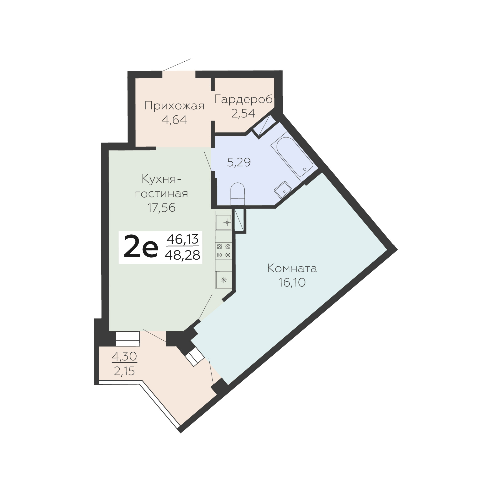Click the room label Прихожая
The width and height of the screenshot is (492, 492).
174,106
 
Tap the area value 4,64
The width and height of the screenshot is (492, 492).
174,120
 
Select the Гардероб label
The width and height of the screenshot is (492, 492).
244,99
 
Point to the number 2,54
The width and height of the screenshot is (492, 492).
244,114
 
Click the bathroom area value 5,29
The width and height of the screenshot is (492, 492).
239,162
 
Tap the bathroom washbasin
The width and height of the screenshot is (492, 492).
283,190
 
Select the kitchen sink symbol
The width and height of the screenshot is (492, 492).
224,222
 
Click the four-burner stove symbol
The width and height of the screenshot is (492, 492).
224,250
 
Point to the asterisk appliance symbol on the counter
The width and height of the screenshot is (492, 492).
224,280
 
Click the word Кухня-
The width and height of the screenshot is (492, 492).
161,179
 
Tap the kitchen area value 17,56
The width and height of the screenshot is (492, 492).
161,207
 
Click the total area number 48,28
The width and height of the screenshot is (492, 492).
182,255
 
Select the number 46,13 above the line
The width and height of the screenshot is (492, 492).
182,239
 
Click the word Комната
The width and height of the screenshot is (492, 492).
292,268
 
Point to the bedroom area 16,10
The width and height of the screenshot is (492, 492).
292,283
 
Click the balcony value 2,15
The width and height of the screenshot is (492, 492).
124,371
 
